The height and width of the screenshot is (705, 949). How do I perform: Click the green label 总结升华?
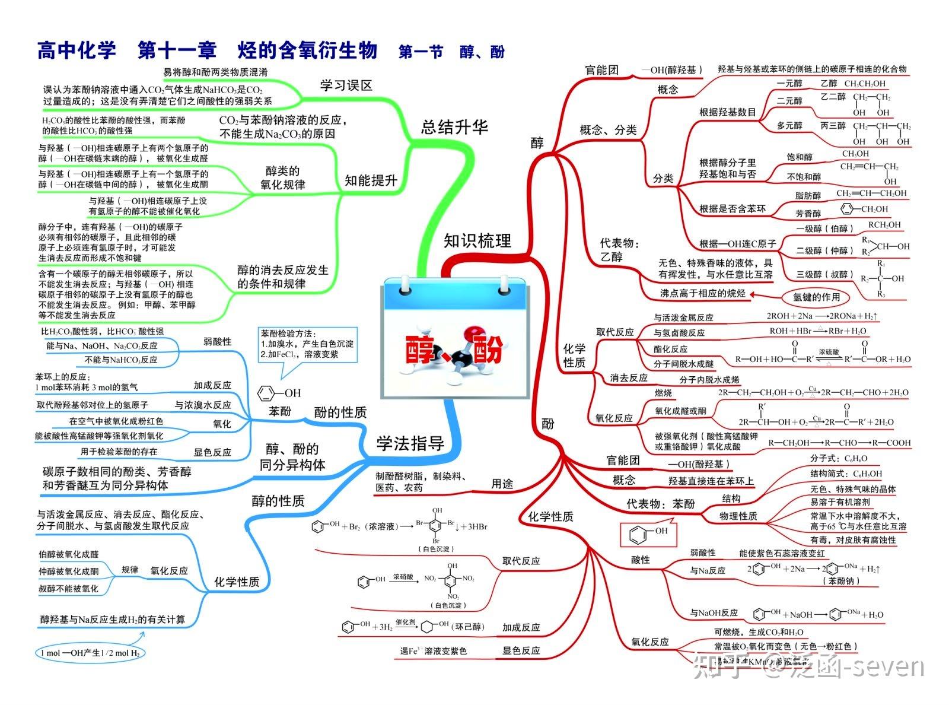(x=454, y=127)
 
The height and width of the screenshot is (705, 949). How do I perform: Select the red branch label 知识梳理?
(x=477, y=240)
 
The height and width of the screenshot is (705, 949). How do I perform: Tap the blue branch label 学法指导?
(x=410, y=443)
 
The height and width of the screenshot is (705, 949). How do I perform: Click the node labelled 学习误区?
(x=346, y=85)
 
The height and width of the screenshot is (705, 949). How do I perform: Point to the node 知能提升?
(x=371, y=180)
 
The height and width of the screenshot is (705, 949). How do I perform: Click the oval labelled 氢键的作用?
(x=816, y=297)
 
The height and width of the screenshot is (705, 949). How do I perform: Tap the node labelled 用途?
(x=502, y=484)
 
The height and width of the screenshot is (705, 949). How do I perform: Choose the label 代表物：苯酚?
(x=660, y=504)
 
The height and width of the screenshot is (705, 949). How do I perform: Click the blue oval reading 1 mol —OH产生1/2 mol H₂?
(x=90, y=653)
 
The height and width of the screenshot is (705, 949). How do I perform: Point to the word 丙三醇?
(x=833, y=126)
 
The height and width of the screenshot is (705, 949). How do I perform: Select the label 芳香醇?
(x=808, y=213)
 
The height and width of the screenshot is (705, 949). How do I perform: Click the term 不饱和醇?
(x=804, y=177)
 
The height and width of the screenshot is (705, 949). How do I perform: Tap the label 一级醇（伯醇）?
(x=825, y=228)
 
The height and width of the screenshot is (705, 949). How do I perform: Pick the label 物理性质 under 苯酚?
(x=738, y=516)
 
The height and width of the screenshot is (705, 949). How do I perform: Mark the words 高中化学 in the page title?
(x=77, y=50)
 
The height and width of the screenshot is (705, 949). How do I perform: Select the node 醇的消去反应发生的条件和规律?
(x=282, y=277)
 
